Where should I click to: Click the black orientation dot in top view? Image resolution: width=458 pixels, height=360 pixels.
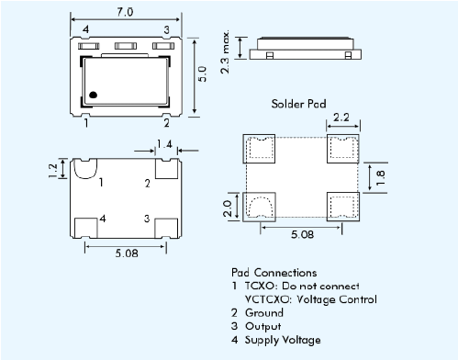[94, 94]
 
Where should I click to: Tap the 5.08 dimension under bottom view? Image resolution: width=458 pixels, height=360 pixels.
[125, 253]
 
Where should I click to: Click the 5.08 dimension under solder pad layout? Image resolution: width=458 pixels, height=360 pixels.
[300, 235]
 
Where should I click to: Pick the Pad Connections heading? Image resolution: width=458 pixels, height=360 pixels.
[274, 273]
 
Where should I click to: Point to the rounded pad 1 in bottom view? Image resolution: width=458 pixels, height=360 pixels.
[85, 168]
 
